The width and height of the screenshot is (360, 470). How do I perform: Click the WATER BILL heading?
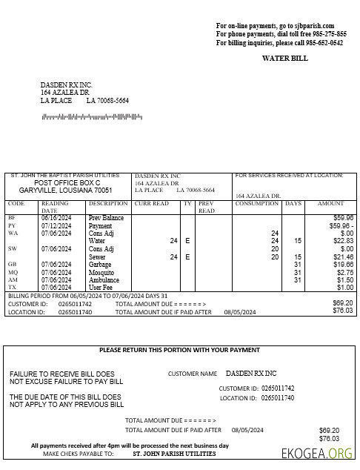pyautogui.click(x=285, y=58)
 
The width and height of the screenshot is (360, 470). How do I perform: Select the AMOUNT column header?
pyautogui.click(x=331, y=203)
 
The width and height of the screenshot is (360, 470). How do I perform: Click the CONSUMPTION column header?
pyautogui.click(x=257, y=203)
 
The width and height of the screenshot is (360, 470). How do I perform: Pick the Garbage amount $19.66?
pyautogui.click(x=343, y=264)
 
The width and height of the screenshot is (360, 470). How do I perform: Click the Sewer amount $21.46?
pyautogui.click(x=343, y=256)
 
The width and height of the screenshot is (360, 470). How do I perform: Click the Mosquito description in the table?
pyautogui.click(x=102, y=272)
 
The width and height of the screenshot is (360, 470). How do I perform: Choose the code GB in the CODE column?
pyautogui.click(x=12, y=264)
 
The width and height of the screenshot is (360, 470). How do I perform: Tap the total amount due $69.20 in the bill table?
pyautogui.click(x=343, y=303)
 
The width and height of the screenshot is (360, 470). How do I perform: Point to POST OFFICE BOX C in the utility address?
pyautogui.click(x=67, y=182)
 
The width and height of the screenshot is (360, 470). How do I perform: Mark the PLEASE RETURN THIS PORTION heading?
pyautogui.click(x=179, y=350)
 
